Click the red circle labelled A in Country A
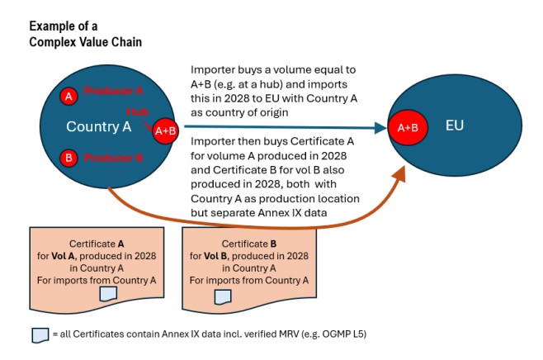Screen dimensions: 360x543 coord(68,97)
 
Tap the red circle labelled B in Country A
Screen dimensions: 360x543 coord(68,157)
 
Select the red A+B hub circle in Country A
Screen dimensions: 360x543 coord(164,130)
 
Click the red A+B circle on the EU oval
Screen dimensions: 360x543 coord(407,128)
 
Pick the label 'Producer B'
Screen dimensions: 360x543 coord(113,157)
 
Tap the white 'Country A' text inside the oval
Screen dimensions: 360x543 coord(99,127)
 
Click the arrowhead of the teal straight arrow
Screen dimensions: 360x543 coord(381,128)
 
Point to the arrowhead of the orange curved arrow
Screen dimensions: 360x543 coord(400,175)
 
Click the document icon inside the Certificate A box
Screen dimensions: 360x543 coord(106,294)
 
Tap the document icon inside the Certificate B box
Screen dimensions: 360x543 coord(223,296)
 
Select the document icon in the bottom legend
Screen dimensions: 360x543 coord(37,335)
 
